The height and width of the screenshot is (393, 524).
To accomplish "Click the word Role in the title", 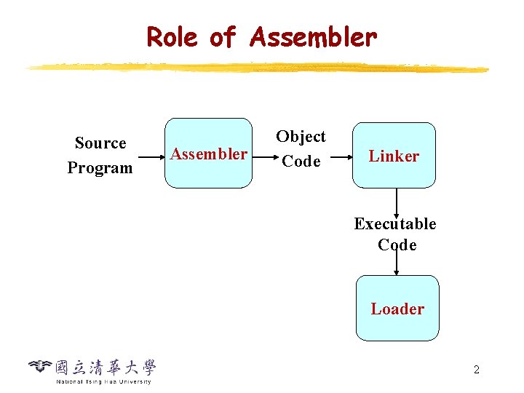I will click(x=172, y=36).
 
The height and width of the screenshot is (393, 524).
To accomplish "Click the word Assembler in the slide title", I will click(x=313, y=36).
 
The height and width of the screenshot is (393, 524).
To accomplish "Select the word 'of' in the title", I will click(x=223, y=36).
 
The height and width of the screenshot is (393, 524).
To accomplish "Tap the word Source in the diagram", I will click(x=100, y=143).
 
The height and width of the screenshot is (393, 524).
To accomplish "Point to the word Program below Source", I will click(x=100, y=168).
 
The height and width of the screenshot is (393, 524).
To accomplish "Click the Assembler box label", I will click(x=208, y=154).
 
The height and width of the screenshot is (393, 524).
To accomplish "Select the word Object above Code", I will click(x=301, y=137).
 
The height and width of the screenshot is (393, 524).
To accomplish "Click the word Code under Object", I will click(x=301, y=162).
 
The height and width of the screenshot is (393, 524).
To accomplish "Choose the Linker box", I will click(x=394, y=156).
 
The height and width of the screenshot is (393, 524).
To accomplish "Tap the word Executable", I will click(x=395, y=224).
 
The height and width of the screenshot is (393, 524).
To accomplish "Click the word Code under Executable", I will click(x=397, y=245).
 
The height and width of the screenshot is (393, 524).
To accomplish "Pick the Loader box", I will click(x=397, y=309).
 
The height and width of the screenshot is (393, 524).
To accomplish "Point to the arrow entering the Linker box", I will click(x=340, y=155).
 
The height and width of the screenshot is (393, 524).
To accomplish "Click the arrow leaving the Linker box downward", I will click(x=396, y=200).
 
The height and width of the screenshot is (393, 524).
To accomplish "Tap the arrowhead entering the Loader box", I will click(x=396, y=271).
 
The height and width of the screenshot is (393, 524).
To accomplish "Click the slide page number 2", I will click(x=476, y=370).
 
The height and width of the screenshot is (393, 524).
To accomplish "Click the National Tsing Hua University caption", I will click(x=103, y=381).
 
